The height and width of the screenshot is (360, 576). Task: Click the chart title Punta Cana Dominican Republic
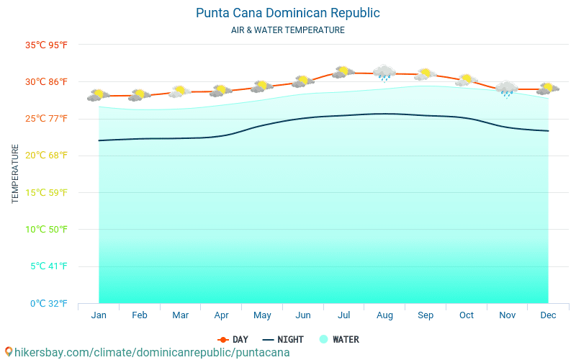287,13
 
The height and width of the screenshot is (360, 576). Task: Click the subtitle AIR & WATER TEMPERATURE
287,30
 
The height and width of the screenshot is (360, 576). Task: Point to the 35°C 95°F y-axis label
46,45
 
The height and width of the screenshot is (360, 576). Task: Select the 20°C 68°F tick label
46,156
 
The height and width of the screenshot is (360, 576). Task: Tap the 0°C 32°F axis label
48,303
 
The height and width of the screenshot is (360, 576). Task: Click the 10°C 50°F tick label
46,229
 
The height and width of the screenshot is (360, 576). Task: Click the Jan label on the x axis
99,315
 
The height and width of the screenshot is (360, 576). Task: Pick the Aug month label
384,315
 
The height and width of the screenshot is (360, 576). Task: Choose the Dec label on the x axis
548,315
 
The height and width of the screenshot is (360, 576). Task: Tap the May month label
262,315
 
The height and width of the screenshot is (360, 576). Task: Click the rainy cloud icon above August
384,73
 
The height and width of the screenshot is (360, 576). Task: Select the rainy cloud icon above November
507,89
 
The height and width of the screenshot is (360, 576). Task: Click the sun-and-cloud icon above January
99,94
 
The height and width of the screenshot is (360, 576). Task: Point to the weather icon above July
343,71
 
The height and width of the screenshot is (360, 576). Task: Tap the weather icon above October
467,79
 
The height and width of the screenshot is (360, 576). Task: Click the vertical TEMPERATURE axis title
16,174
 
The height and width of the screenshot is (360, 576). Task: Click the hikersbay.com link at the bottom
147,352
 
